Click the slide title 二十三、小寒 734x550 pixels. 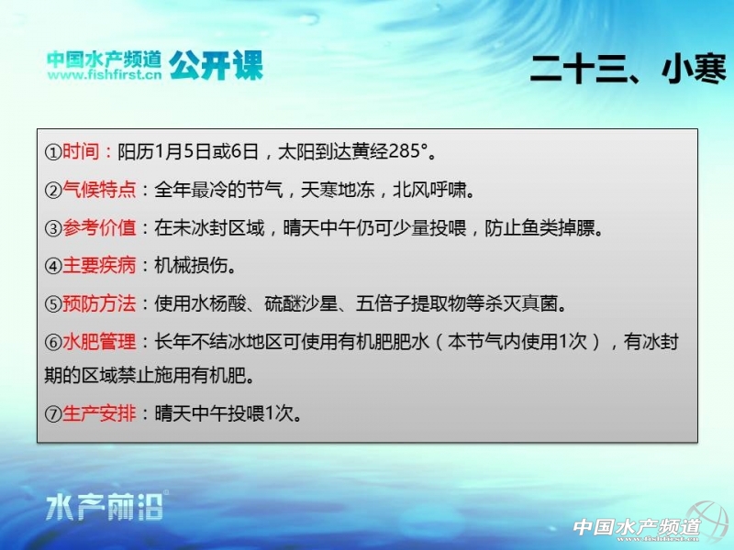click(x=628, y=69)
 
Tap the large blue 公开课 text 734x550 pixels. click(x=216, y=65)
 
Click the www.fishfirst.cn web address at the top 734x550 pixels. click(x=105, y=75)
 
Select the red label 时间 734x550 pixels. click(x=81, y=151)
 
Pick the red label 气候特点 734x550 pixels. click(x=99, y=190)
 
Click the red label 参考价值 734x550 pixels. click(x=99, y=227)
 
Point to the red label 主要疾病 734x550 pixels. click(x=99, y=266)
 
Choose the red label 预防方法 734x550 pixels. click(x=99, y=304)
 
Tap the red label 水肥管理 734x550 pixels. click(x=99, y=342)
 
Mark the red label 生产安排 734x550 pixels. click(x=99, y=413)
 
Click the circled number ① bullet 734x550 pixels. click(x=53, y=152)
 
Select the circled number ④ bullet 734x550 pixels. click(x=53, y=266)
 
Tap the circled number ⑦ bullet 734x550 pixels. click(x=53, y=414)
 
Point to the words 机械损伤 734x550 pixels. click(x=191, y=266)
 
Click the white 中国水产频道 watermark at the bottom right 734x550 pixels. click(x=637, y=527)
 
